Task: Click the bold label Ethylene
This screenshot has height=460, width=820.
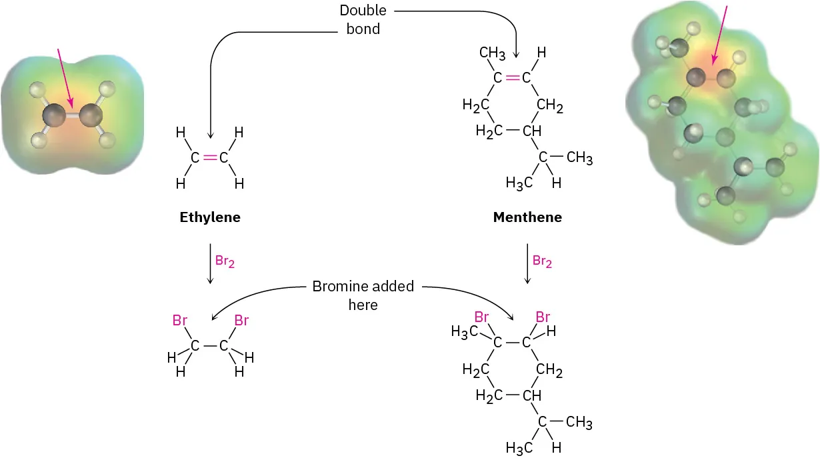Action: (210, 217)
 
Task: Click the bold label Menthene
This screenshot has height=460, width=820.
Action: (527, 217)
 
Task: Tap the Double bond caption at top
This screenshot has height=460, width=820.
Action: (363, 20)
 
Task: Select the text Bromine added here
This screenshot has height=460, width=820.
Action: (363, 295)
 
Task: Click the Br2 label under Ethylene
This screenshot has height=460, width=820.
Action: (225, 261)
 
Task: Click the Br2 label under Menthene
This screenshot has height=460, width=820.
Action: (542, 261)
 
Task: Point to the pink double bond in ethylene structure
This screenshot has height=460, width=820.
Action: (210, 158)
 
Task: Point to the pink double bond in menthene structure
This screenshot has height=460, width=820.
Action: (512, 78)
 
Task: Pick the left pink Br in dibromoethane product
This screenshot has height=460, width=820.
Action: (180, 321)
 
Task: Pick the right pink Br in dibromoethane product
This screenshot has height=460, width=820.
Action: (241, 321)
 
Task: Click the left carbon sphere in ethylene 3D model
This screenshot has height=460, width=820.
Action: (53, 117)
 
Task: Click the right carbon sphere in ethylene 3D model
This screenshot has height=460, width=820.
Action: (91, 117)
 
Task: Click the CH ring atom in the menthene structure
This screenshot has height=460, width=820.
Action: (531, 131)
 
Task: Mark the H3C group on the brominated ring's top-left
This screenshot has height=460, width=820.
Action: (465, 331)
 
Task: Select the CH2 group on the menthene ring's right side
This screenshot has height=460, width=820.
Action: (549, 105)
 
